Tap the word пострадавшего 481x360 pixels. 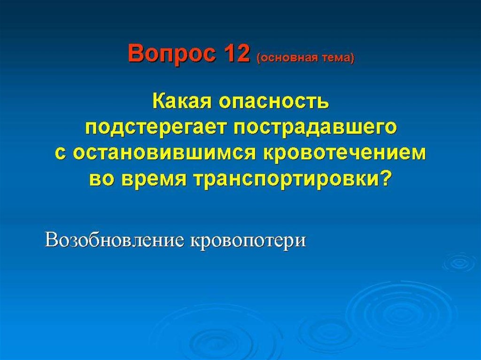click(x=315, y=127)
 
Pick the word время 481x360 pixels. click(x=154, y=179)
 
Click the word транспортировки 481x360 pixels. click(x=285, y=179)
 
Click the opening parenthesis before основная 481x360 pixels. click(x=257, y=58)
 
